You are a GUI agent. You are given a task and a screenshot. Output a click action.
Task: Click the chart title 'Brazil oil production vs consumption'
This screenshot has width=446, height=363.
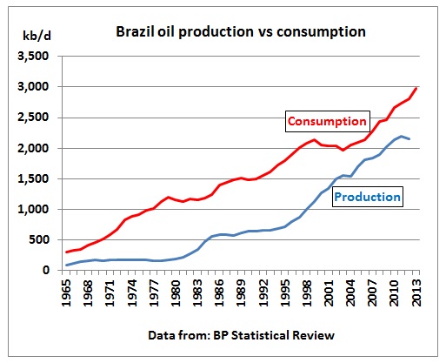point(241,32)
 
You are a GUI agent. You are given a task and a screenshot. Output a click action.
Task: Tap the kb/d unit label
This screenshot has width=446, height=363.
point(37,36)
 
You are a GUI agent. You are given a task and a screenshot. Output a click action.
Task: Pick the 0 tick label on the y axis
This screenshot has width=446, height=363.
point(46,270)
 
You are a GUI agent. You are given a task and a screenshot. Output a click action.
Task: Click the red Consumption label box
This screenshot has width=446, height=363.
point(328,121)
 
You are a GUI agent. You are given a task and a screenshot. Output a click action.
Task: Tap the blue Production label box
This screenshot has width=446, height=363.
point(368,197)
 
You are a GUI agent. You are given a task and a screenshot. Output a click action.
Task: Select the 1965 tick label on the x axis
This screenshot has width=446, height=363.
point(66,292)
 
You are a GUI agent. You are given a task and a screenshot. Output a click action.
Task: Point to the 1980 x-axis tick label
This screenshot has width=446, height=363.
point(176,292)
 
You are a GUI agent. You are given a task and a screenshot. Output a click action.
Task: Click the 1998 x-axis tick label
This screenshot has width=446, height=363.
point(307,292)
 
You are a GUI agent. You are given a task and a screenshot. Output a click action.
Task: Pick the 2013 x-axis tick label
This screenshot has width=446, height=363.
point(416,292)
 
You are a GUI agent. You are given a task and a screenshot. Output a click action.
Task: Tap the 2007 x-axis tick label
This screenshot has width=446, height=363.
point(373,292)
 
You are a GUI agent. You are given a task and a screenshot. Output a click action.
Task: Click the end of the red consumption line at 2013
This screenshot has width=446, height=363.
point(416,88)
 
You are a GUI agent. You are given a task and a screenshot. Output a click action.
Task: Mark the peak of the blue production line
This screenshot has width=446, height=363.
point(402,136)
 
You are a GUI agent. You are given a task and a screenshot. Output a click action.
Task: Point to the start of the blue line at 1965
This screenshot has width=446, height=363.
point(67,265)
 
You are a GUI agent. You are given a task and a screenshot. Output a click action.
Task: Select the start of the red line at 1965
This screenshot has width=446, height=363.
point(67,252)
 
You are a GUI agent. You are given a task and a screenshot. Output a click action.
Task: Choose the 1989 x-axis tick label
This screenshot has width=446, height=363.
point(242,292)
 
